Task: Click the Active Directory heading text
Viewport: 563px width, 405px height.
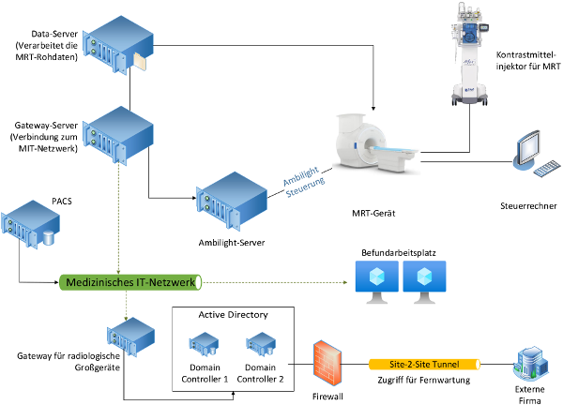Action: pyautogui.click(x=233, y=315)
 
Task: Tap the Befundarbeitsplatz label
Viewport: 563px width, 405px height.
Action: pyautogui.click(x=400, y=254)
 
